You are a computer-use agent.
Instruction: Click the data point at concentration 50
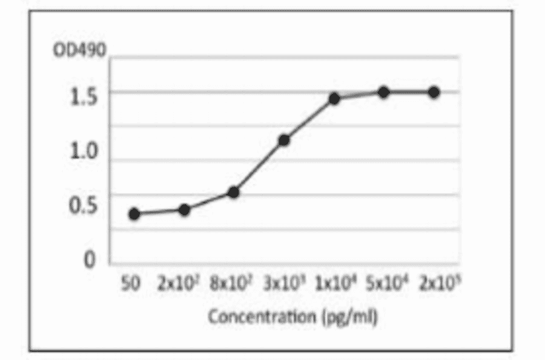click(x=134, y=213)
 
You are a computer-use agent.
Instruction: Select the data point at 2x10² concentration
click(x=184, y=210)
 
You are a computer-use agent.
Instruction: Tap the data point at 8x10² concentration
click(x=234, y=192)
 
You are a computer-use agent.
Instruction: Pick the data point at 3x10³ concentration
click(x=283, y=140)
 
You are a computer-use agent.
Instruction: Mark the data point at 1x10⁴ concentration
click(x=334, y=98)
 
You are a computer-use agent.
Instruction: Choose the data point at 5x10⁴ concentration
click(x=383, y=92)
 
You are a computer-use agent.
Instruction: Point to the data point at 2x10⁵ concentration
click(x=434, y=92)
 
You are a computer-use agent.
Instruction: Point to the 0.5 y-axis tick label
click(x=83, y=205)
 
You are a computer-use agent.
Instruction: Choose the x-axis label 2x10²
click(x=178, y=284)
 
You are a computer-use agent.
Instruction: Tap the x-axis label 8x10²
click(x=227, y=284)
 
